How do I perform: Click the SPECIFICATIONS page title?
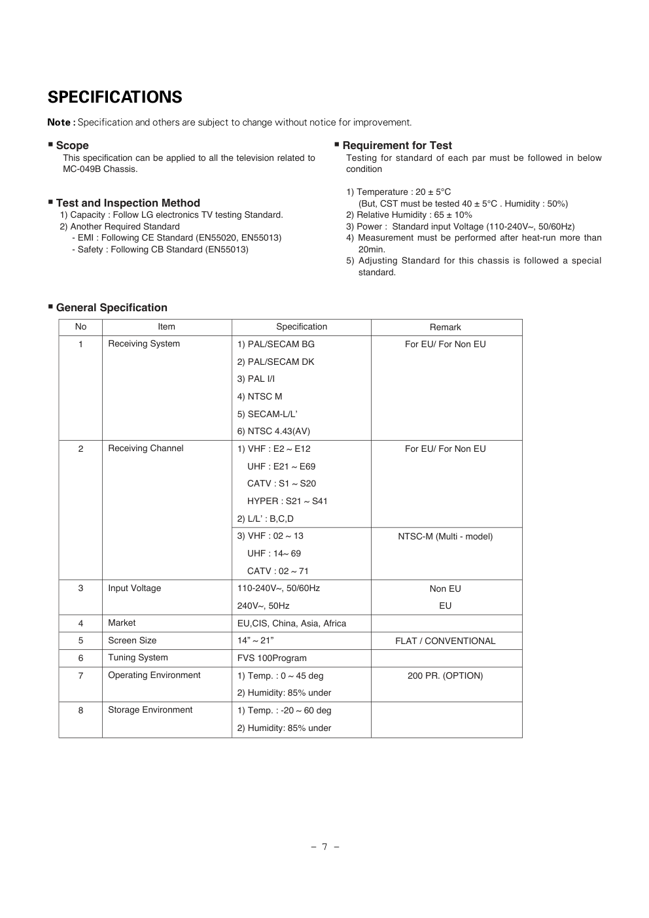[x=114, y=97]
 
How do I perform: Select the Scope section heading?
[x=72, y=145]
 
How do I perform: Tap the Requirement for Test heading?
[x=396, y=145]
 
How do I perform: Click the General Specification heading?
[x=111, y=307]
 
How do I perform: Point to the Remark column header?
[x=445, y=327]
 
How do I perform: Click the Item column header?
[x=166, y=327]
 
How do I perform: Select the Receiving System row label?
[x=144, y=344]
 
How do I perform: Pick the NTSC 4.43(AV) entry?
[x=273, y=431]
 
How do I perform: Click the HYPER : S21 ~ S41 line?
[x=287, y=501]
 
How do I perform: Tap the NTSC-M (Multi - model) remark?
[x=445, y=536]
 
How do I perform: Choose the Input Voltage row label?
[x=134, y=588]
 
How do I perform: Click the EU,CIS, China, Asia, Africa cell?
[x=291, y=623]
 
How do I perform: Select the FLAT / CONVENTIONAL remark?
[x=445, y=641]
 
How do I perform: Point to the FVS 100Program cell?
[x=272, y=658]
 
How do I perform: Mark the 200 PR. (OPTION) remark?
[x=445, y=675]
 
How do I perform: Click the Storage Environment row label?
[x=150, y=710]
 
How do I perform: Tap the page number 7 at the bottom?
[x=324, y=847]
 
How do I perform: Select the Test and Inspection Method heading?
[x=128, y=203]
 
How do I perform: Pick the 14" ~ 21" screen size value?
[x=255, y=640]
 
